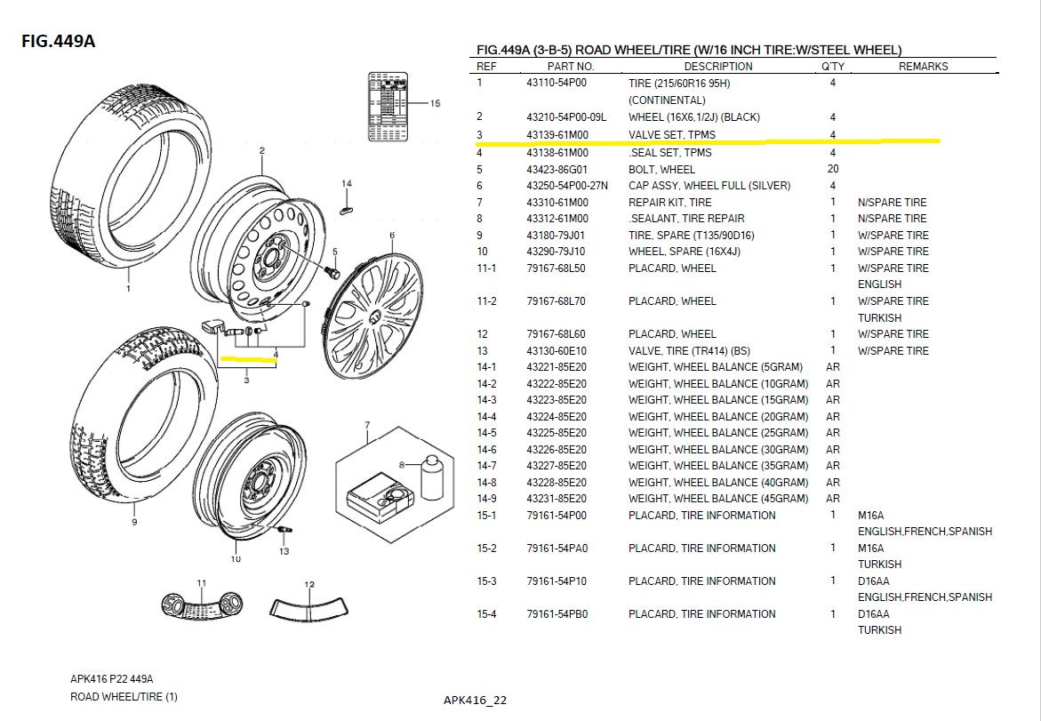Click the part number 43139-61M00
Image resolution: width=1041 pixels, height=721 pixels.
pos(557,135)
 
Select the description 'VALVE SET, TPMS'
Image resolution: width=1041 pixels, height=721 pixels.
pos(672,135)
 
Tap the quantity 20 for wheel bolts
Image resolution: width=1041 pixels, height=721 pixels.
pos(833,169)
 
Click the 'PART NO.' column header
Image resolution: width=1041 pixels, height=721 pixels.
pos(571,67)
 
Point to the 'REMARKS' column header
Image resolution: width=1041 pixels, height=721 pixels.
pos(923,67)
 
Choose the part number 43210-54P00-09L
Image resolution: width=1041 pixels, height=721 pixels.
pos(566,117)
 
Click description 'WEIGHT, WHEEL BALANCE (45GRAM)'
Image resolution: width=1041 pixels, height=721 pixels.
pos(718,499)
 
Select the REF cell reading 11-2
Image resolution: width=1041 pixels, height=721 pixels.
pos(486,301)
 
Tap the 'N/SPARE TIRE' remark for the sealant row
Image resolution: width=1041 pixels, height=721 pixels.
pos(892,219)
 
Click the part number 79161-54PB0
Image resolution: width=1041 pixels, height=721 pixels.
pos(557,614)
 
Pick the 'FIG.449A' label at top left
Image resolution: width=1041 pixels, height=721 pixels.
pos(59,41)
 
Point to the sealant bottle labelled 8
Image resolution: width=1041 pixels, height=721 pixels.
pos(432,477)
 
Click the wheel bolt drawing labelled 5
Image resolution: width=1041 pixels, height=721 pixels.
pos(332,272)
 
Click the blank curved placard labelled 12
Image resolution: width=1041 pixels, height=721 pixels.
pos(308,607)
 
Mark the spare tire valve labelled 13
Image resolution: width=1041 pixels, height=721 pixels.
pos(284,530)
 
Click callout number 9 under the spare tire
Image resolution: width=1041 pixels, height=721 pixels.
pos(134,522)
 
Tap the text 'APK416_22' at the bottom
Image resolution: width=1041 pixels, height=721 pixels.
pos(475,701)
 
